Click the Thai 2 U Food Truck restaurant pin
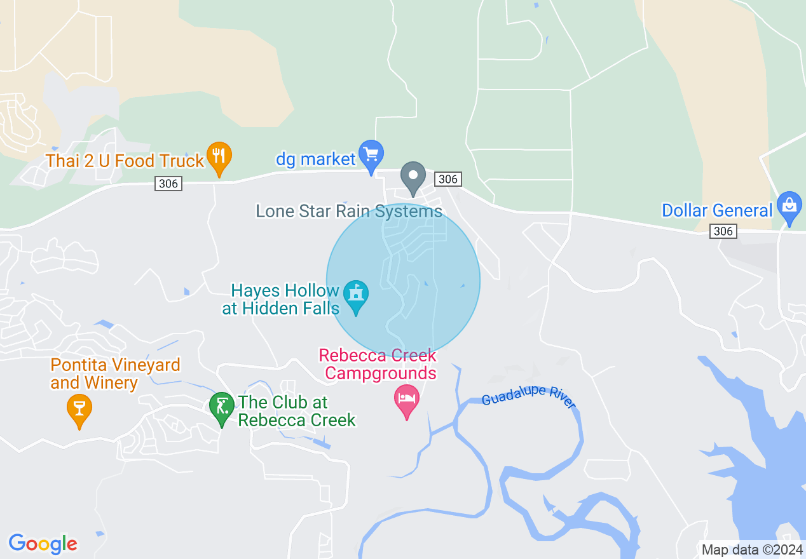[219, 157]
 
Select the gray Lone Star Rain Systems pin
[413, 177]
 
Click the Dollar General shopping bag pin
[789, 206]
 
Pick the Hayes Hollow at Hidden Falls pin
[356, 295]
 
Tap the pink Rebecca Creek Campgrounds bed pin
[406, 400]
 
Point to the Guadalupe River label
[528, 396]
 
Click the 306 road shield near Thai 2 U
[168, 184]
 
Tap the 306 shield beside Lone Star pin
[448, 180]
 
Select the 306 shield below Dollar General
[723, 232]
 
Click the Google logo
[43, 544]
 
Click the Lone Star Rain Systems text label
[349, 211]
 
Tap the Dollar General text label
[717, 210]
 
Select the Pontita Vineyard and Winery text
[115, 374]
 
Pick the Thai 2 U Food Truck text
[125, 161]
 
